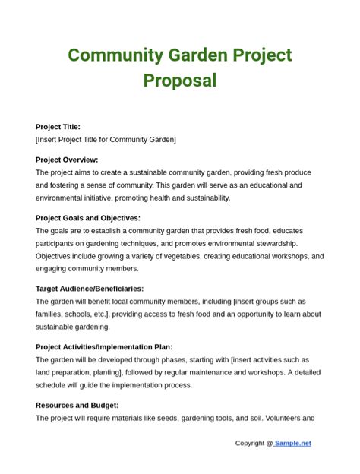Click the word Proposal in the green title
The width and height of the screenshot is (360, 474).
click(x=179, y=81)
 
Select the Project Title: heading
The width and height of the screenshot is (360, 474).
click(x=58, y=127)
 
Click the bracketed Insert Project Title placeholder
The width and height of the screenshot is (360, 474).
click(x=106, y=140)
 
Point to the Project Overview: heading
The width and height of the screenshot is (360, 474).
click(x=67, y=160)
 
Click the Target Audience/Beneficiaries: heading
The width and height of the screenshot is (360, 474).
click(x=90, y=289)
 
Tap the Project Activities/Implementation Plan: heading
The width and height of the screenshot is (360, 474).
click(x=104, y=347)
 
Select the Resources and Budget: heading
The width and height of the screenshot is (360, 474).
click(x=77, y=405)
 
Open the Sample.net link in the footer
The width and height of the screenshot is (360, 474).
click(x=293, y=444)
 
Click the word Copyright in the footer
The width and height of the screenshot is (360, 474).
click(x=249, y=444)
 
